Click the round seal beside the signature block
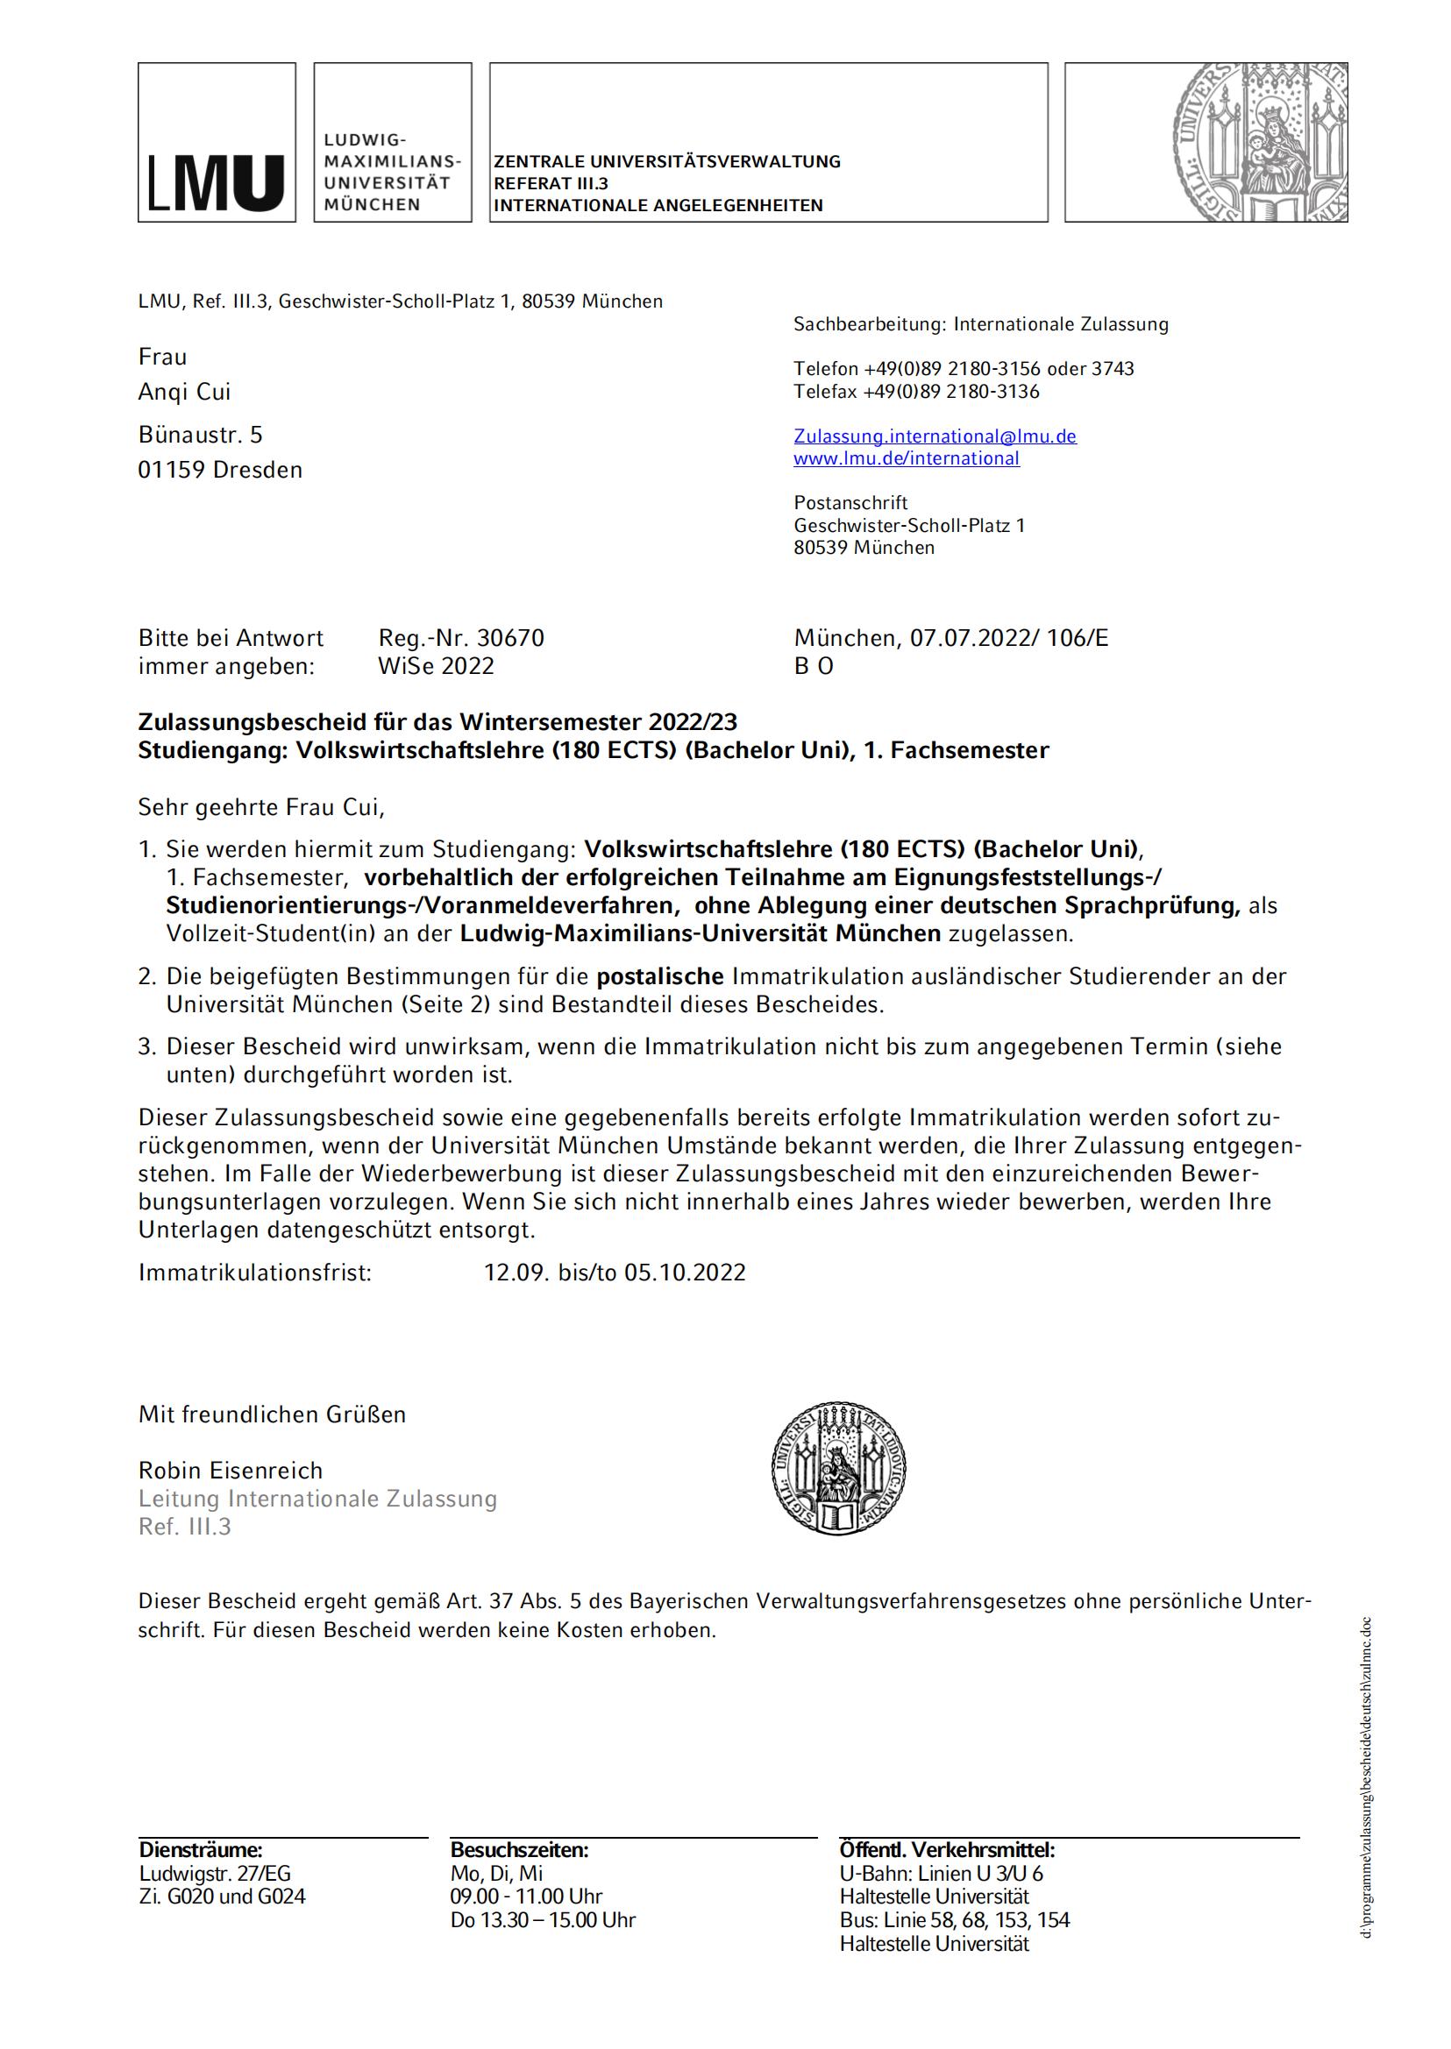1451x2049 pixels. coord(839,1470)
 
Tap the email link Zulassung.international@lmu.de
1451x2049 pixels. coord(935,436)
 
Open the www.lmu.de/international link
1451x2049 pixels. coord(906,458)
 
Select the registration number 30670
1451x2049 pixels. coord(510,638)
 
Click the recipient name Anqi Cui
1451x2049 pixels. coord(184,392)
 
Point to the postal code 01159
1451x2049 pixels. coord(172,470)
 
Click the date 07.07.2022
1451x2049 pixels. coord(964,638)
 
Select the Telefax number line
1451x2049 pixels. coord(916,391)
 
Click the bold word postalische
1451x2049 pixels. coord(659,975)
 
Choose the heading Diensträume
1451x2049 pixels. coord(200,1850)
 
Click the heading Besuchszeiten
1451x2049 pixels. coord(519,1850)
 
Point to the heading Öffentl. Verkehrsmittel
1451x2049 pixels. coord(947,1850)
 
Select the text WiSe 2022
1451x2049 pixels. coord(436,666)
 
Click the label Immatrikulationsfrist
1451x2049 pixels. coord(254,1272)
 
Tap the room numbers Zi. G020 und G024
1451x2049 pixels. coord(223,1897)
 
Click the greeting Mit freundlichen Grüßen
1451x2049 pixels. coord(272,1414)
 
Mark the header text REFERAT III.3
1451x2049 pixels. coord(551,183)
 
